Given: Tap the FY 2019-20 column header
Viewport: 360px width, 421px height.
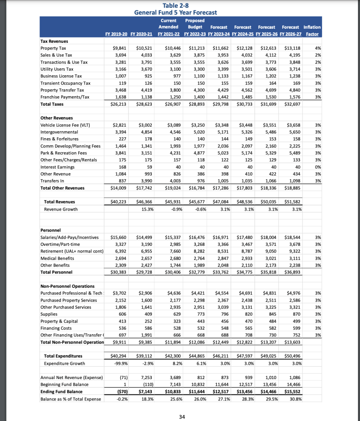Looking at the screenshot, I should point(117,33).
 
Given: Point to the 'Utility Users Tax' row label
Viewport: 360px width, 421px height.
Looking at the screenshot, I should point(57,69).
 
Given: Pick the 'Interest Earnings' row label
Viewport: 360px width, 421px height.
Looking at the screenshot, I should point(57,167).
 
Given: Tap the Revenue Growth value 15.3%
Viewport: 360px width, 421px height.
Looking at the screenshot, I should point(147,209).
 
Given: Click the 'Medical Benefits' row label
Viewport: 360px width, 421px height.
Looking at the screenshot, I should point(57,258).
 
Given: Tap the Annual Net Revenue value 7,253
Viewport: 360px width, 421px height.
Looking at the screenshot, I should point(146,377).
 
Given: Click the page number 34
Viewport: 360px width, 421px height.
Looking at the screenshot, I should point(182,417).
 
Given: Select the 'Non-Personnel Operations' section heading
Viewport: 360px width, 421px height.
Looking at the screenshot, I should point(67,286).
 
